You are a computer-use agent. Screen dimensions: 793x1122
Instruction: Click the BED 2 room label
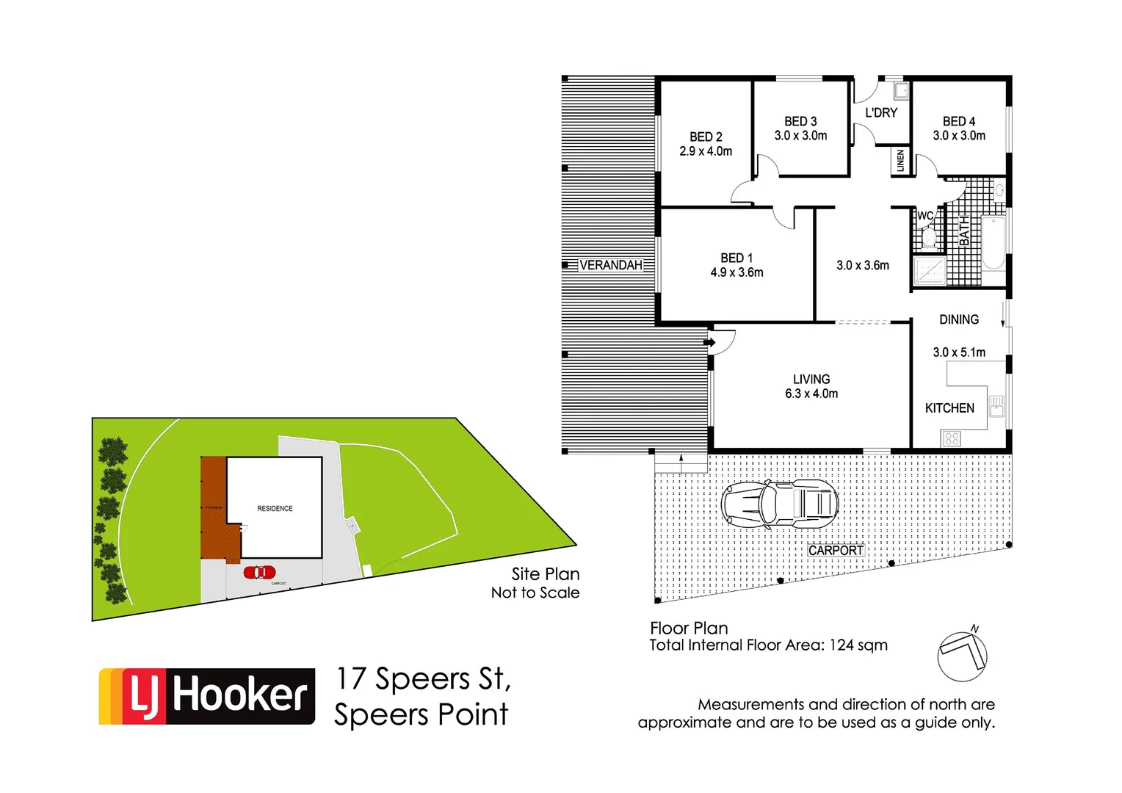[706, 137]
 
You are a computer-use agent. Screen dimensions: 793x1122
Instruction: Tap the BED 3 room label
[800, 121]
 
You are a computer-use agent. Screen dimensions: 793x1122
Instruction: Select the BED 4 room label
[959, 121]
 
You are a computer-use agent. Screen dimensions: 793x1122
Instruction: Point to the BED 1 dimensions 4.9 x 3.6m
[736, 272]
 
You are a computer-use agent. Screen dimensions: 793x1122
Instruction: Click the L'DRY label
[881, 113]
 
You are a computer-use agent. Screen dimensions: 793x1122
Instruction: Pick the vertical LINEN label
[901, 161]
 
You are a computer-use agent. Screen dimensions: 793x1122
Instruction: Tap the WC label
[925, 216]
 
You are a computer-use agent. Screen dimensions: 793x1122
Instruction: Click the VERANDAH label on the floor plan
[610, 265]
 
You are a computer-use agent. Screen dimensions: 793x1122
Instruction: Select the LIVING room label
[811, 379]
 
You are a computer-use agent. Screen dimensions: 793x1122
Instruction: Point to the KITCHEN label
[949, 408]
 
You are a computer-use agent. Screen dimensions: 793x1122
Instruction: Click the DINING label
[959, 319]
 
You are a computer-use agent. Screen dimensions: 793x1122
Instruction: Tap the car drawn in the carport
[780, 504]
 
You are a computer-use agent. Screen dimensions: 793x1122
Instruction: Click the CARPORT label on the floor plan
[836, 551]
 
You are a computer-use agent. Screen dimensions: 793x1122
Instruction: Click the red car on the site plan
[260, 572]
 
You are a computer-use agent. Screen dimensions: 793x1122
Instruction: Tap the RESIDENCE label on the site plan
[275, 508]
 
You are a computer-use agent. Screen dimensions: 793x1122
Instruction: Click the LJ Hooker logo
[207, 696]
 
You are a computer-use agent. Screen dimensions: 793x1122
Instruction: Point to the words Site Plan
[546, 574]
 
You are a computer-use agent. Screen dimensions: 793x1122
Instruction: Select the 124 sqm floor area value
[858, 645]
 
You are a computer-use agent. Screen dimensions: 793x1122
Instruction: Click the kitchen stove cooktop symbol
[952, 439]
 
